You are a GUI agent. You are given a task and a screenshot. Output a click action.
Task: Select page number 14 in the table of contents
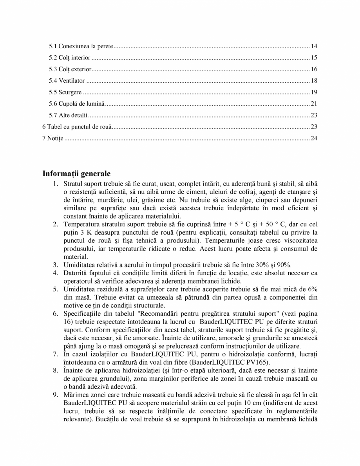coord(314,47)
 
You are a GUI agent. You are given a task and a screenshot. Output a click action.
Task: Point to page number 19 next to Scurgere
coord(314,92)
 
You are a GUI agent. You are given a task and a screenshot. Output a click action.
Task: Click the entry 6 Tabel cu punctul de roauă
coord(77,127)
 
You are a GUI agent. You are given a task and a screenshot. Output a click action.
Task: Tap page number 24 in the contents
coord(314,138)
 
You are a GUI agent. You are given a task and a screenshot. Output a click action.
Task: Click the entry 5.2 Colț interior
coord(70,58)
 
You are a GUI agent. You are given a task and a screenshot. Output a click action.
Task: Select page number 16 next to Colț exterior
coord(314,69)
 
